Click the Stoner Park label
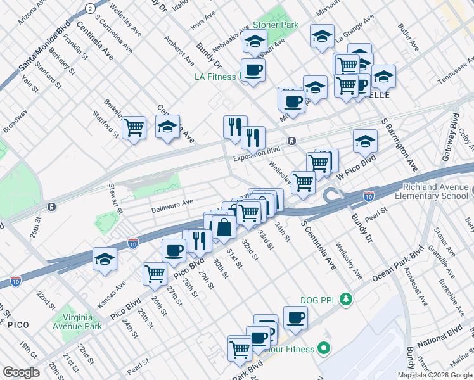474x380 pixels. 276,25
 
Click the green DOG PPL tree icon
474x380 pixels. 345,298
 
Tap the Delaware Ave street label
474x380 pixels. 172,205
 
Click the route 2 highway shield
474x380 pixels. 91,8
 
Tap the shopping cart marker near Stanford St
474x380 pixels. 134,128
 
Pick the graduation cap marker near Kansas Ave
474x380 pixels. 105,259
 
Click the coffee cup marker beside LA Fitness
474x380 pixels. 253,70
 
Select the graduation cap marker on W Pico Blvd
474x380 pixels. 365,142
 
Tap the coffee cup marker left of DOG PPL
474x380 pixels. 295,317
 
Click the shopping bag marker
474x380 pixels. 224,227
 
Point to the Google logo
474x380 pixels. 21,372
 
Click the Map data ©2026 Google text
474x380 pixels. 435,375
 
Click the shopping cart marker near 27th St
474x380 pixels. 155,274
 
